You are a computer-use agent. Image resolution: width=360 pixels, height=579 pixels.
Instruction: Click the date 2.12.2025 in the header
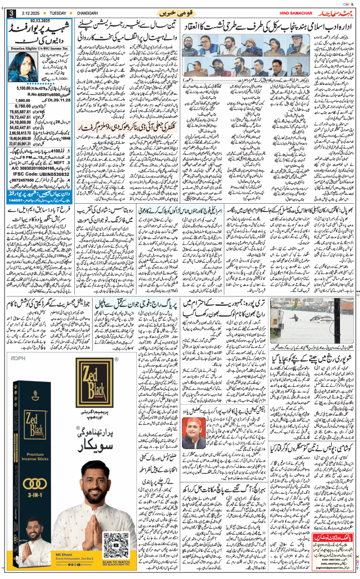tap(28, 13)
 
